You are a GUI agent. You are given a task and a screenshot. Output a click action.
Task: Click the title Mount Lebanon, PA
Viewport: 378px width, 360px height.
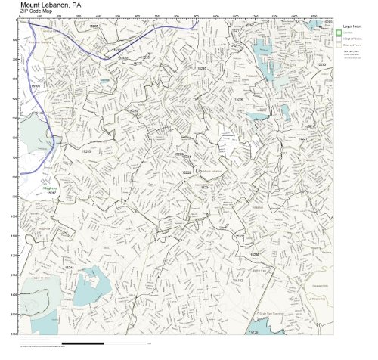pyautogui.click(x=51, y=4)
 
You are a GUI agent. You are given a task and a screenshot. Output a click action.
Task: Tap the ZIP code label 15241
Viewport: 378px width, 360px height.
pyautogui.click(x=69, y=267)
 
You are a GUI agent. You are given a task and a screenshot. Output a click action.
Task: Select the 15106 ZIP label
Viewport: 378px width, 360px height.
pyautogui.click(x=35, y=86)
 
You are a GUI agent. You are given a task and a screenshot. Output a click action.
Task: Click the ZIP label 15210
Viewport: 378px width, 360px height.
pyautogui.click(x=321, y=65)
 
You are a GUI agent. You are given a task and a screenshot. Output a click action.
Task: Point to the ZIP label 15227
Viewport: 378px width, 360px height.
pyautogui.click(x=302, y=138)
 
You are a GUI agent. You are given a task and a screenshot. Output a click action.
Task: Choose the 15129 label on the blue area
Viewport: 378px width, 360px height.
pyautogui.click(x=253, y=331)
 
